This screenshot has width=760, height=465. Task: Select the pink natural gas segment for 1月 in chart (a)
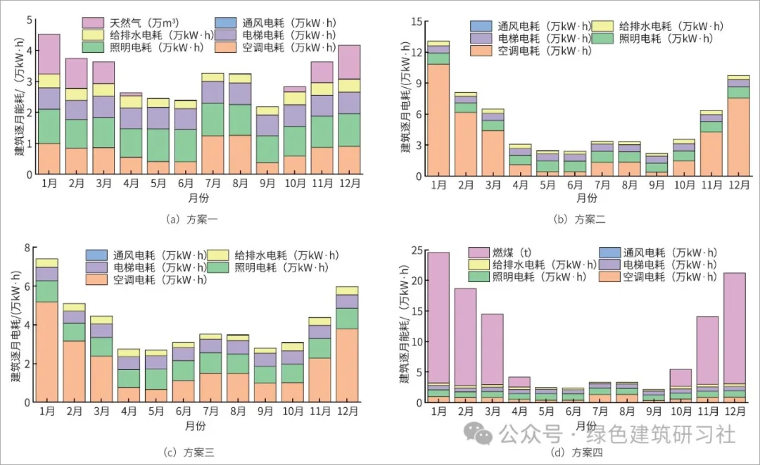point(49,53)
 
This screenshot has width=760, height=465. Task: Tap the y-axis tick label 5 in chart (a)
point(28,19)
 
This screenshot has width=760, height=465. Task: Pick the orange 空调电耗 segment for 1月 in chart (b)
point(438,119)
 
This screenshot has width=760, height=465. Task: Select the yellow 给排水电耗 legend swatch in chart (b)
point(603,26)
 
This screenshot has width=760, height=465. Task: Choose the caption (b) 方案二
point(581,219)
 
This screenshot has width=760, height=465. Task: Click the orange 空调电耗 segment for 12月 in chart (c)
point(347,365)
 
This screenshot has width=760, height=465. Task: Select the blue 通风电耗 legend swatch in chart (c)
point(96,255)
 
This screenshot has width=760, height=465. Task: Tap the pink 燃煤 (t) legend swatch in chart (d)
point(479,252)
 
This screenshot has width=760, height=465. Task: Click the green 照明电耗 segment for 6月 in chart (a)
point(186,145)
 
